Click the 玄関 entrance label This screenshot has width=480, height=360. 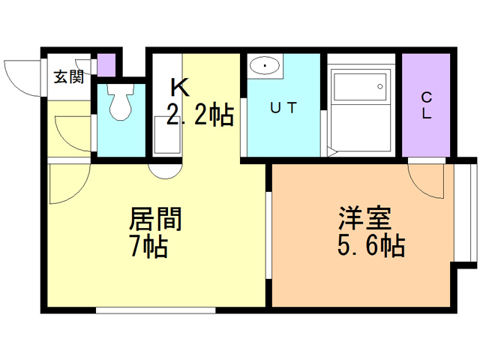pyautogui.click(x=69, y=76)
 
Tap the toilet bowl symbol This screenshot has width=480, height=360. pyautogui.click(x=121, y=101)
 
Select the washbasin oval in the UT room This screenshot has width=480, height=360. pyautogui.click(x=265, y=66)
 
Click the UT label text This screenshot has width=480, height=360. pyautogui.click(x=283, y=108)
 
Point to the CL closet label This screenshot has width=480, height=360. pyautogui.click(x=427, y=106)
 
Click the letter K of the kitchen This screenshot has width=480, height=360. pyautogui.click(x=180, y=87)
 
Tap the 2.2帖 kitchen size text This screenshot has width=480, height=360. pyautogui.click(x=200, y=115)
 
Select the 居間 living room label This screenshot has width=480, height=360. pyautogui.click(x=155, y=219)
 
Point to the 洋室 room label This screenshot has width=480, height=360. pyautogui.click(x=365, y=218)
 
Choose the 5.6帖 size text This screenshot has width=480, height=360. pyautogui.click(x=371, y=245)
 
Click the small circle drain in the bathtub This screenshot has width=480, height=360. pyautogui.click(x=380, y=87)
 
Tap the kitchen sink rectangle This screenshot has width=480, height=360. pyautogui.click(x=167, y=135)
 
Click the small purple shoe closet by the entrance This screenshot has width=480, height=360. pyautogui.click(x=106, y=65)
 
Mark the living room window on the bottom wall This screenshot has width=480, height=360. pyautogui.click(x=156, y=310)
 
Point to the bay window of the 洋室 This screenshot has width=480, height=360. pyautogui.click(x=465, y=213)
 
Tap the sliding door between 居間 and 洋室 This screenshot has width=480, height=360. pyautogui.click(x=268, y=235)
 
